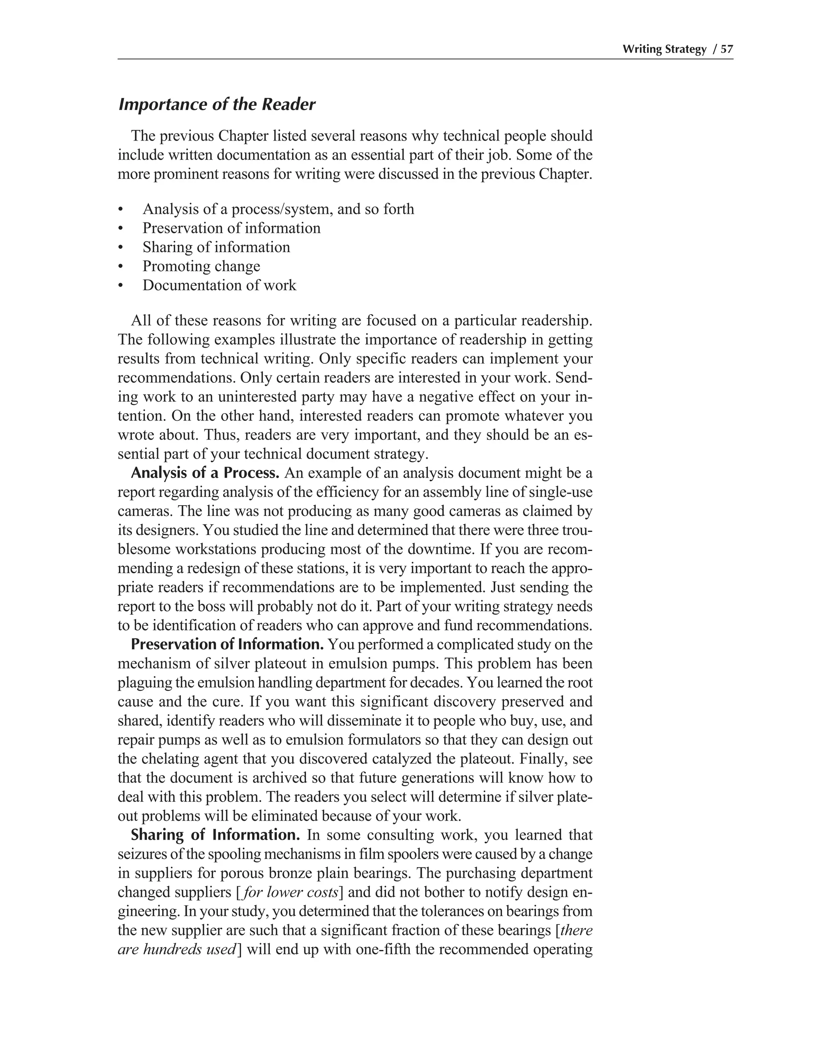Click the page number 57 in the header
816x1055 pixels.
coord(727,49)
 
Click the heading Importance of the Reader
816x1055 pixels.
coord(217,104)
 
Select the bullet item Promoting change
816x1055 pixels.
coord(201,266)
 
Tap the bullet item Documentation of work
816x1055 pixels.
coord(219,285)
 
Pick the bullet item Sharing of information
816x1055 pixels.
coord(216,247)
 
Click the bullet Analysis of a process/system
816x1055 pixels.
coord(278,209)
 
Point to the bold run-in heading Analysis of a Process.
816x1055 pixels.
coord(205,473)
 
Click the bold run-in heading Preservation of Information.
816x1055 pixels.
coord(227,645)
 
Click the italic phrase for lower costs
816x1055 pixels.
coord(290,892)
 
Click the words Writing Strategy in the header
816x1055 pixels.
coord(664,49)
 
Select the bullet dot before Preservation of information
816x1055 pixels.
coord(120,229)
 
